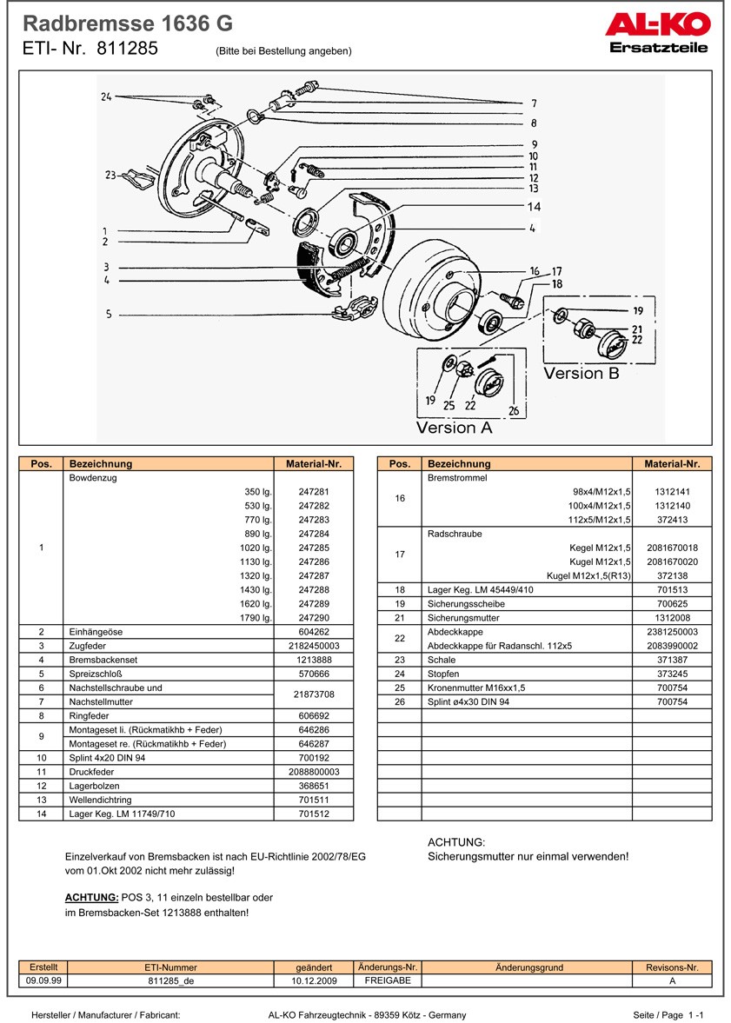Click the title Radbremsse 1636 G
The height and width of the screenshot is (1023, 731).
coord(127,23)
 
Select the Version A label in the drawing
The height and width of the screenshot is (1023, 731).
coord(454,427)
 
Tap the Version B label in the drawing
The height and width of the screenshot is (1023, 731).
coord(581,373)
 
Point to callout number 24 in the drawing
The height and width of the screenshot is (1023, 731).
coord(106,96)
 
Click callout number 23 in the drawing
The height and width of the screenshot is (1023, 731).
coord(110,175)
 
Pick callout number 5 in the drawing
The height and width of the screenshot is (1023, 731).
coord(109,314)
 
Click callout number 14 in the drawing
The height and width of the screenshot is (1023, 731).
coord(534,207)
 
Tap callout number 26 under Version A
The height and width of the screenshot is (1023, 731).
coord(514,411)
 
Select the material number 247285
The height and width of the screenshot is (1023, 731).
coord(313,548)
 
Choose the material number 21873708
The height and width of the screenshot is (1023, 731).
coord(313,694)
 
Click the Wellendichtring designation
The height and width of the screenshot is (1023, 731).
coord(101,800)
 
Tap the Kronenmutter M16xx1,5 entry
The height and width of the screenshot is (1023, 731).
coord(476,688)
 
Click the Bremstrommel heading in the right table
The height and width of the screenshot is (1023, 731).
coord(457,478)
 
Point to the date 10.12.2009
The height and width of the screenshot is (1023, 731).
coord(314,980)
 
